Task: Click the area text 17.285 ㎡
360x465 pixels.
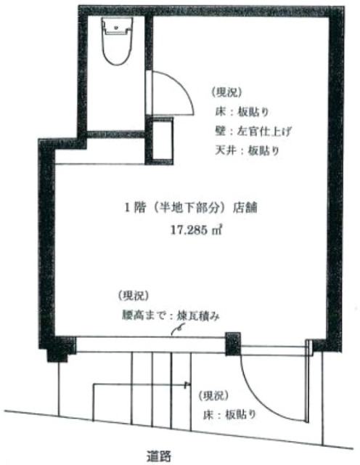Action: click(x=196, y=230)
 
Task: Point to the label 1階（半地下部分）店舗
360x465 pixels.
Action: click(x=190, y=208)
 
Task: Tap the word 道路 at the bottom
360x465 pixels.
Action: click(x=160, y=456)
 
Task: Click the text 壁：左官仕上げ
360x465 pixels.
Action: click(x=252, y=131)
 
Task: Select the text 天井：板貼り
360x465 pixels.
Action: click(x=247, y=151)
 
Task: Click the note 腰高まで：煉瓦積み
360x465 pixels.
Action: click(x=171, y=316)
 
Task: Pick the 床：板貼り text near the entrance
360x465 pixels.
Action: click(x=229, y=414)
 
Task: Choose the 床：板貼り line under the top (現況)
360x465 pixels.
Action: click(x=242, y=112)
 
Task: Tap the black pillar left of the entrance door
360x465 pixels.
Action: click(x=233, y=344)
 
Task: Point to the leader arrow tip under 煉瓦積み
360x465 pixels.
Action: click(x=173, y=335)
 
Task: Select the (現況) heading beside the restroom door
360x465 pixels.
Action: click(x=226, y=92)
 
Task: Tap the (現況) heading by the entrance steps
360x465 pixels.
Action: click(x=214, y=395)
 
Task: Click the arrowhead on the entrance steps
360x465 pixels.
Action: click(x=187, y=385)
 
